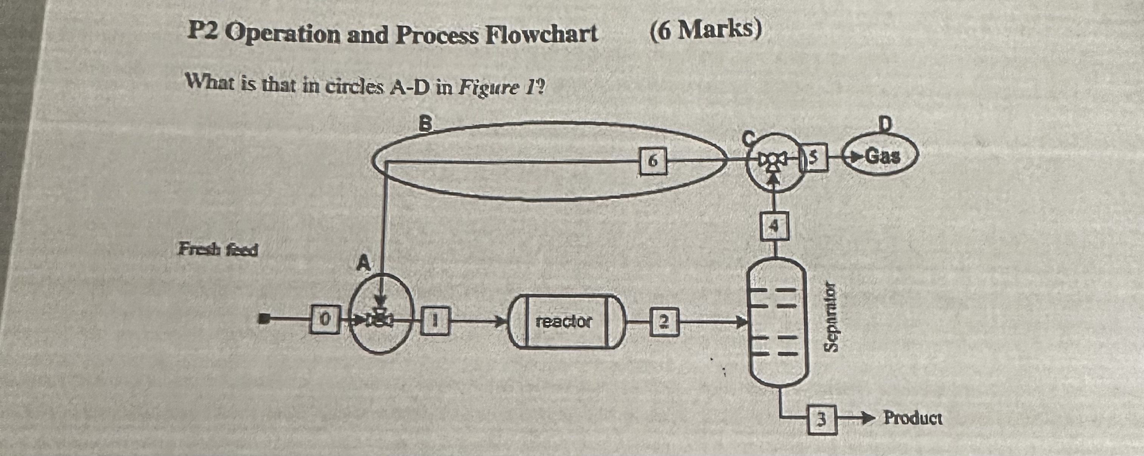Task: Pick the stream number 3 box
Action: (822, 419)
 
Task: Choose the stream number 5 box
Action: (814, 157)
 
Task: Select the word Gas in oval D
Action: (883, 156)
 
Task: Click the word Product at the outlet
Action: (912, 418)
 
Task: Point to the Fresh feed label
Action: (218, 250)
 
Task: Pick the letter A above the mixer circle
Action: (364, 263)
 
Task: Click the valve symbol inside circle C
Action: (774, 160)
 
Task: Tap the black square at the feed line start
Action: (265, 318)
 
